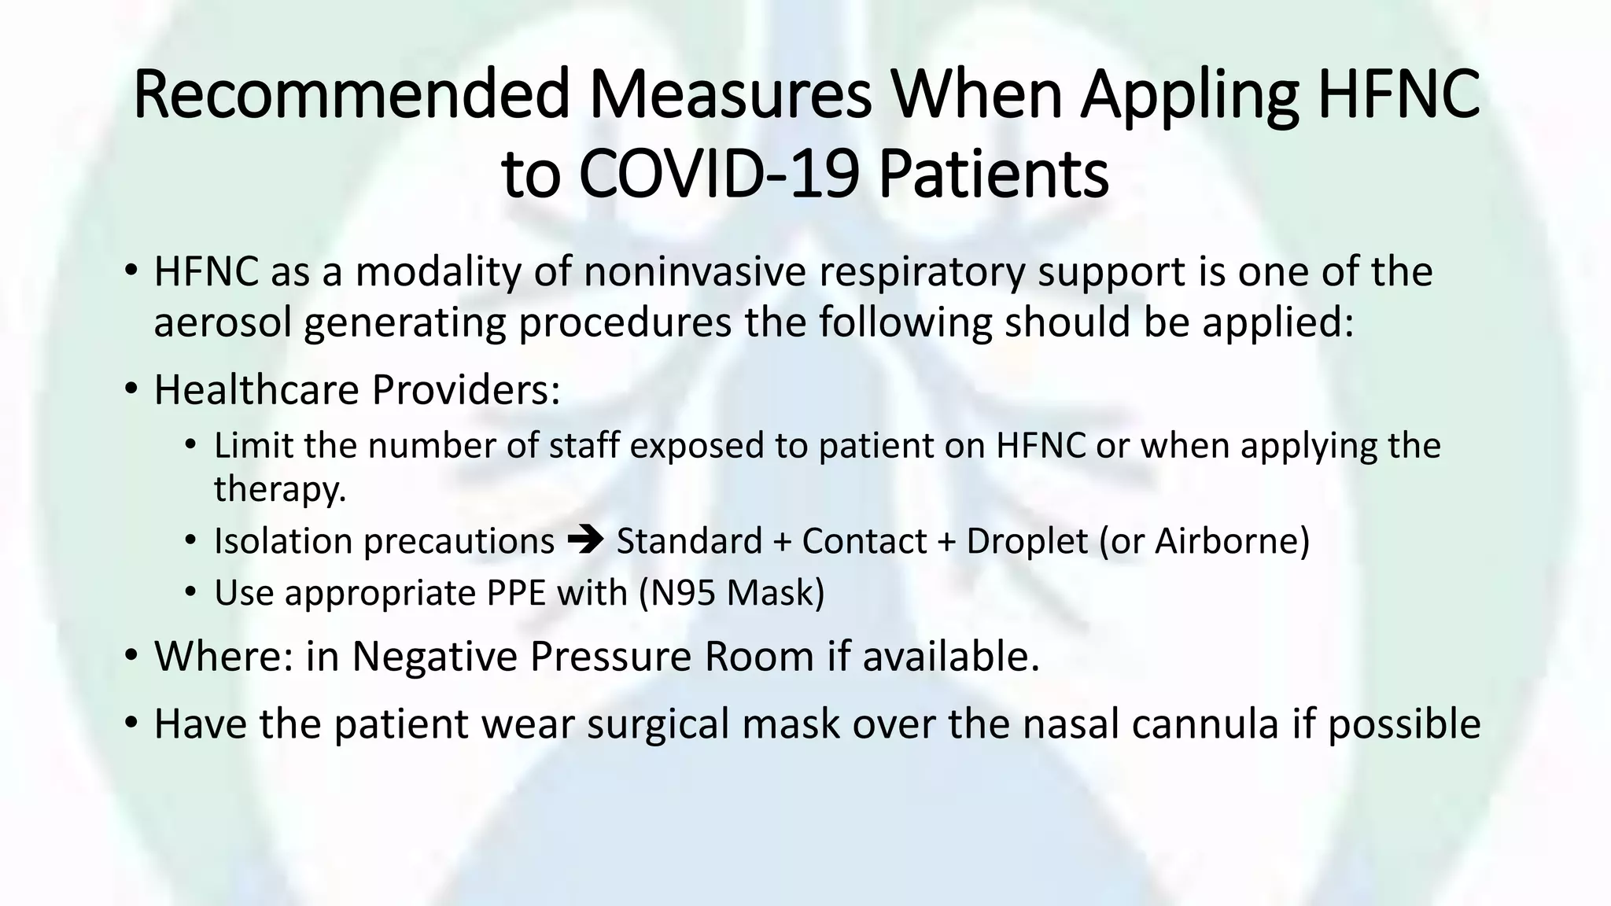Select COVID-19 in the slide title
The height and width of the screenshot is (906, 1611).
(x=718, y=174)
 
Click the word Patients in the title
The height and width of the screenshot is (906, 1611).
(x=993, y=174)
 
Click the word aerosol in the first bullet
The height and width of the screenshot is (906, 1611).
(x=222, y=322)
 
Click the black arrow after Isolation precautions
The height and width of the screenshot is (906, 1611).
(x=584, y=540)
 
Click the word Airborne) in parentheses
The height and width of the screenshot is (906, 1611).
(x=1232, y=541)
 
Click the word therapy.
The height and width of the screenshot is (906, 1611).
(x=280, y=489)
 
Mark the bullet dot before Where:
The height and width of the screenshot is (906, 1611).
(x=131, y=654)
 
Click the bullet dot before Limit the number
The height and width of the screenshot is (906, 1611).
(x=190, y=445)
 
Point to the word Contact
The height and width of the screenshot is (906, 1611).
(x=864, y=541)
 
